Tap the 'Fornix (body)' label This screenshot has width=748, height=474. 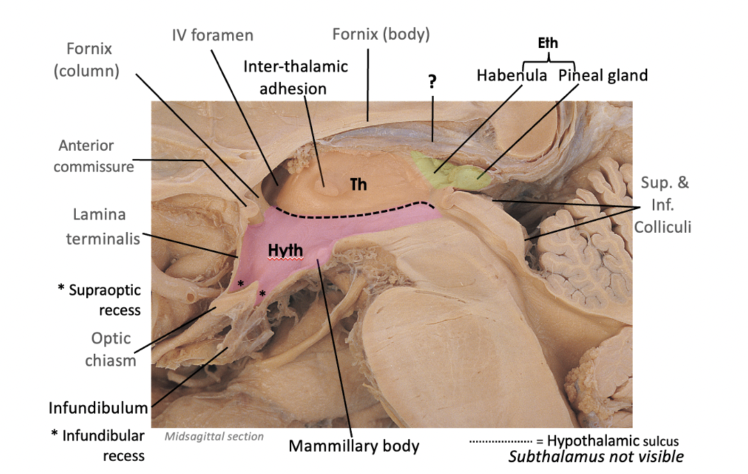click(x=381, y=33)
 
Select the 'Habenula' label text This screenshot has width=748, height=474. click(x=512, y=75)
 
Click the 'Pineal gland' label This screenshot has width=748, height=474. click(x=603, y=75)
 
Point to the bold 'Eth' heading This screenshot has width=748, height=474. click(x=548, y=43)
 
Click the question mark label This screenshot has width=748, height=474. click(x=432, y=82)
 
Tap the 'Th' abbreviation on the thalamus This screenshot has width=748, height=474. click(x=358, y=186)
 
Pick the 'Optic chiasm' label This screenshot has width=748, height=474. click(x=111, y=349)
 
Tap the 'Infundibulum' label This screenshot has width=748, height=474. click(x=98, y=407)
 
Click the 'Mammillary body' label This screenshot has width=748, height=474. click(x=354, y=445)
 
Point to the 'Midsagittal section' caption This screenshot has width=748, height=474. click(x=214, y=436)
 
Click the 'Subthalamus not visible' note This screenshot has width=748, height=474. click(x=596, y=457)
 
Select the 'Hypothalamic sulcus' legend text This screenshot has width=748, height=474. click(x=612, y=441)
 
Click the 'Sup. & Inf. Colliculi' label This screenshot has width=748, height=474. click(x=667, y=205)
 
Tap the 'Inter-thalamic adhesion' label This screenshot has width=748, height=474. click(x=295, y=77)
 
